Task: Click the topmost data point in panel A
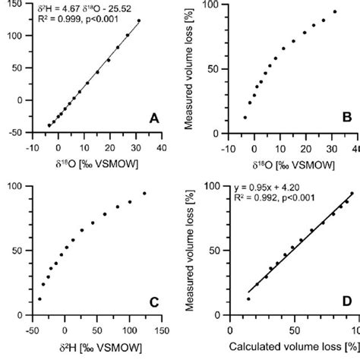(x=139, y=21)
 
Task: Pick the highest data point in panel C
(x=144, y=193)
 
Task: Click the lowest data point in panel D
(x=248, y=298)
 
